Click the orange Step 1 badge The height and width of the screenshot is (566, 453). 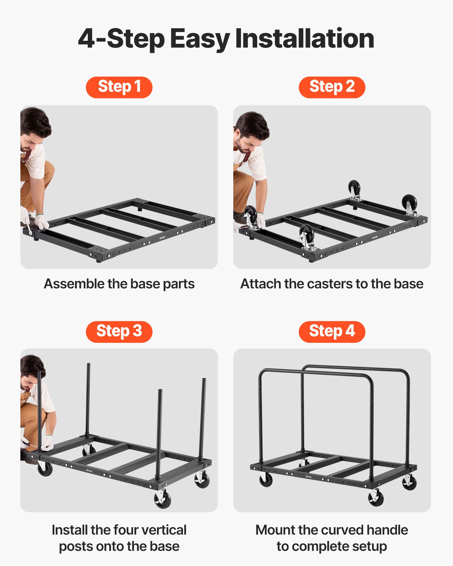pos(119,87)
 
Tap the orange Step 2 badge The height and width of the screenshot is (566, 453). pos(332,87)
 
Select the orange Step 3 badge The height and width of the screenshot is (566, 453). pos(119,332)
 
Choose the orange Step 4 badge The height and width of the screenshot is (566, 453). pos(332,332)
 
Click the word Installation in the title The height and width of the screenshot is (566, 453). pos(305,39)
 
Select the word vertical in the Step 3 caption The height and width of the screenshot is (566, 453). pos(164,530)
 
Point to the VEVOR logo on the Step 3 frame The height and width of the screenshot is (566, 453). pos(89,471)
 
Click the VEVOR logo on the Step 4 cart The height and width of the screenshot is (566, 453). pos(308,477)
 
